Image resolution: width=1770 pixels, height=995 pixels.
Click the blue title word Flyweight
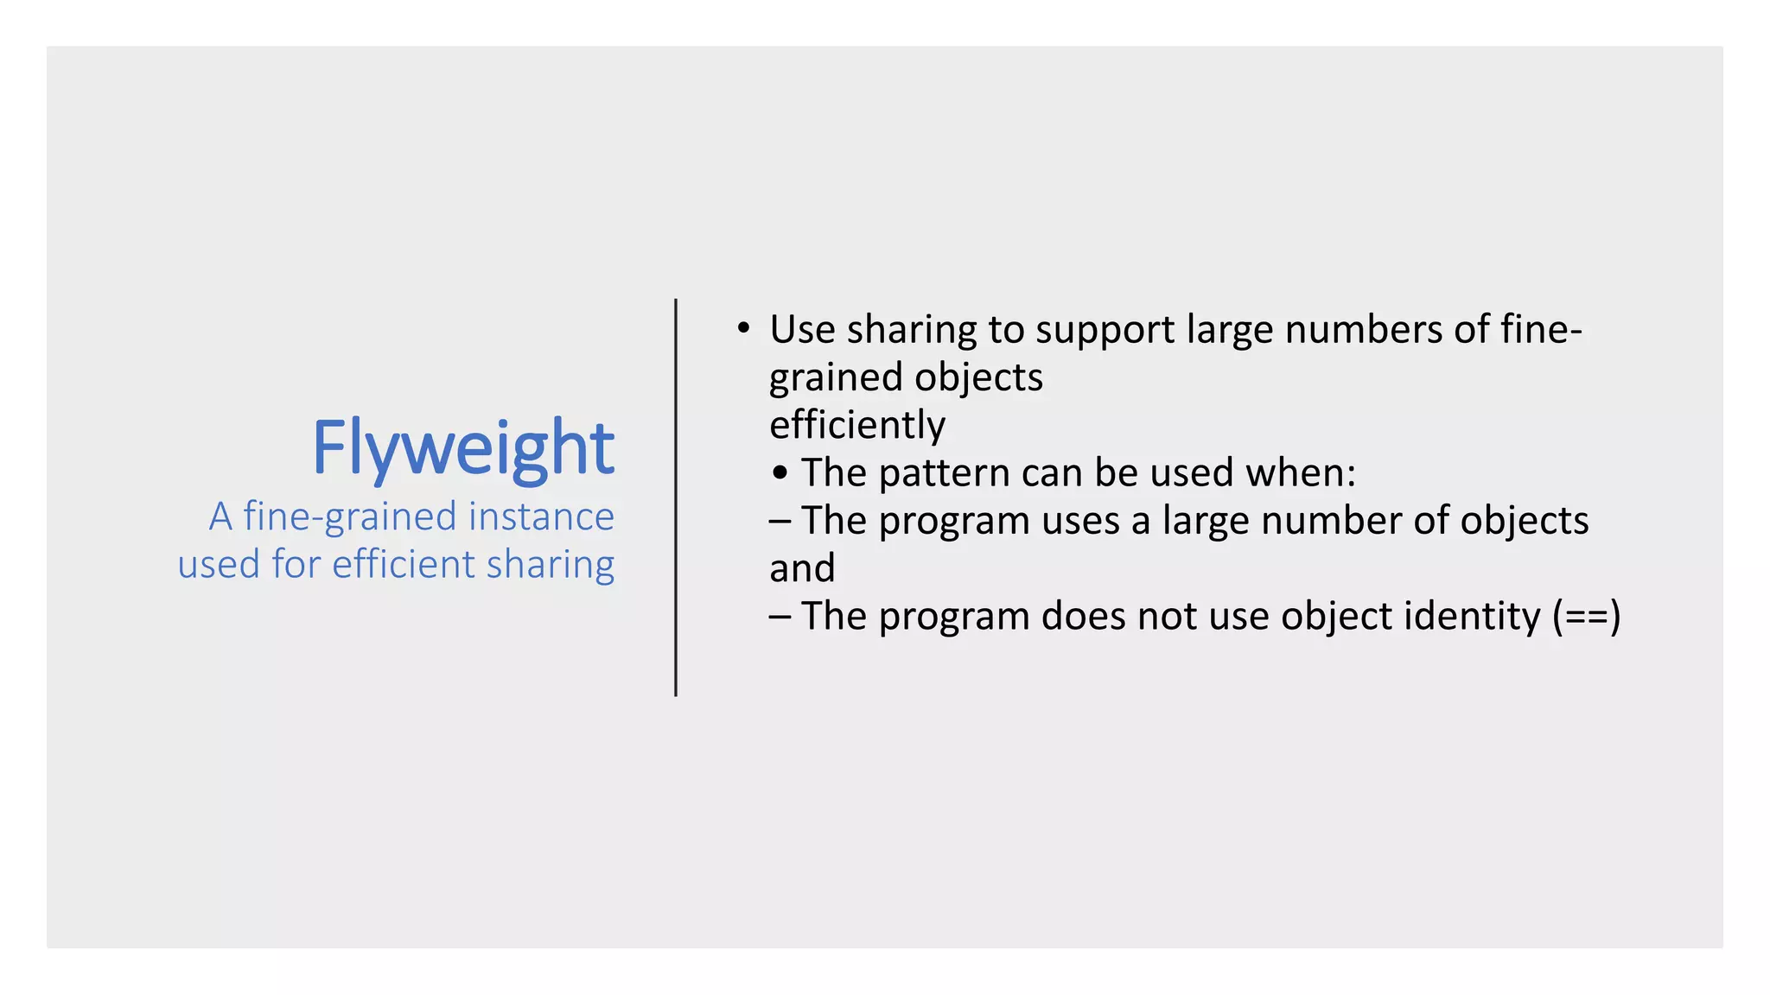tap(463, 448)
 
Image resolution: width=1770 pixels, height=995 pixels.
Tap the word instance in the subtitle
tap(541, 517)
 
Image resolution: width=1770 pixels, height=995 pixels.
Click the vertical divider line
tap(676, 497)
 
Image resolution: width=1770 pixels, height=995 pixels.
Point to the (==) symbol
tap(1586, 617)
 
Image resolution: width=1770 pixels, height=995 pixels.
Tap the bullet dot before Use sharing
tap(743, 328)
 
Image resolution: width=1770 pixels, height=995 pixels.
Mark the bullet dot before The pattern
tap(780, 473)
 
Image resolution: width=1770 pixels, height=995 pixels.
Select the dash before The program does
tap(780, 617)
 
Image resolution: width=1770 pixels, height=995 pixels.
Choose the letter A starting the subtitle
tap(221, 517)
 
